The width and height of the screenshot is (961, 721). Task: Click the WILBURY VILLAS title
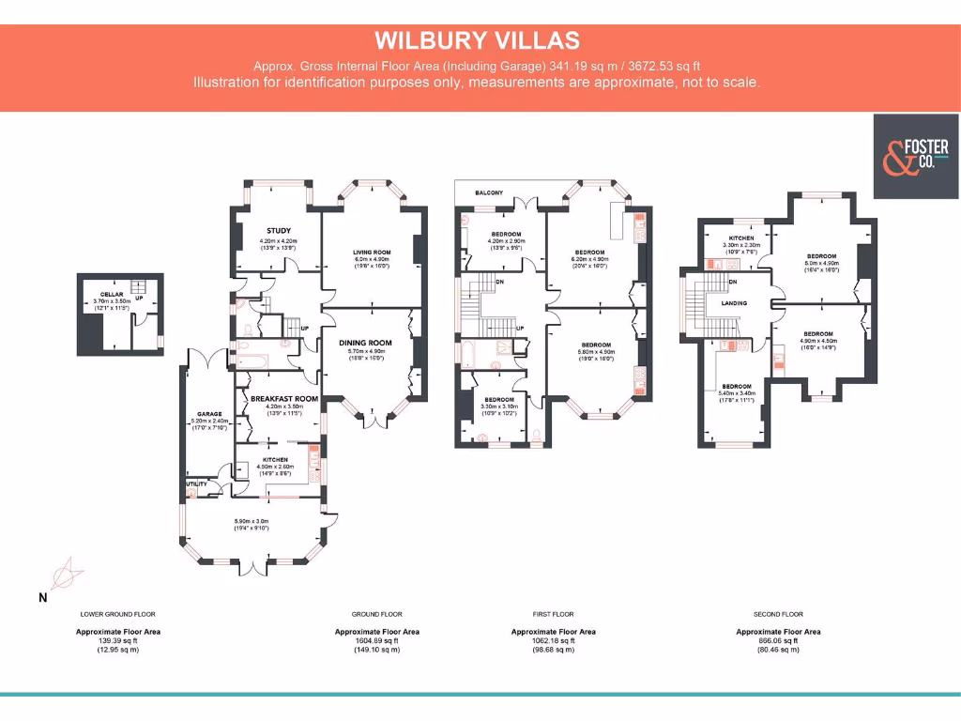click(477, 41)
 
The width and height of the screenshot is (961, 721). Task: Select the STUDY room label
click(279, 230)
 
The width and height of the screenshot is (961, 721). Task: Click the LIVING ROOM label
click(370, 253)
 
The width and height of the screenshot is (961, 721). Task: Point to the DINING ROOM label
click(365, 343)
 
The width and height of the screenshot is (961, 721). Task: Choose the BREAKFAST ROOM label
click(284, 398)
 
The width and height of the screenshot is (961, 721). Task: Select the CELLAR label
click(113, 294)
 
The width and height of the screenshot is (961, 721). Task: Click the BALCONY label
click(488, 193)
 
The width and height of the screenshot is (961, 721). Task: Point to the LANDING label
click(734, 304)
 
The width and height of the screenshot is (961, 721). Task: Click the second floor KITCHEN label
click(741, 238)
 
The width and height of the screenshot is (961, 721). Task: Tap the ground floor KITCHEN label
click(277, 459)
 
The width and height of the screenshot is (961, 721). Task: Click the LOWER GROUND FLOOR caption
click(118, 614)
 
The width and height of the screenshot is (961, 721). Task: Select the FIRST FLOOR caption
click(554, 614)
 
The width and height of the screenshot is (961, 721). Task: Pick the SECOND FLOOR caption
click(778, 614)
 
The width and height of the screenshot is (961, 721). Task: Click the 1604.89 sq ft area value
click(376, 640)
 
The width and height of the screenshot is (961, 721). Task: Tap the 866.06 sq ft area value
click(778, 640)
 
